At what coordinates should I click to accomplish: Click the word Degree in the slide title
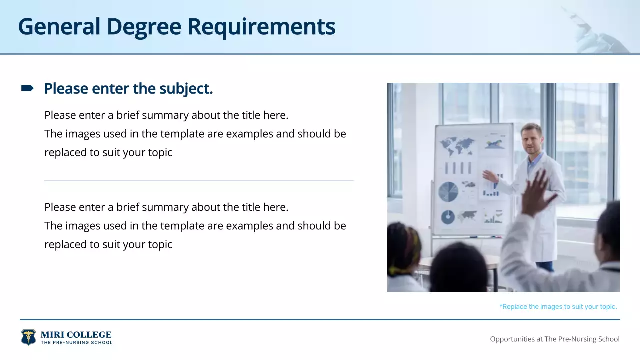click(144, 27)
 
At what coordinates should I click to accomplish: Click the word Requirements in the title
click(261, 27)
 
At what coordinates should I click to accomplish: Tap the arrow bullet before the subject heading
click(27, 89)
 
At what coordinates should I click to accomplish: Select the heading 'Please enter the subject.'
click(128, 89)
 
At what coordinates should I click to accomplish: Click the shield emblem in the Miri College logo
click(28, 337)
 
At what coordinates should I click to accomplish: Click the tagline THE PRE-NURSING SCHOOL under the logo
click(76, 343)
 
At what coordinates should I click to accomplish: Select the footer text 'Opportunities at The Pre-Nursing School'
click(554, 339)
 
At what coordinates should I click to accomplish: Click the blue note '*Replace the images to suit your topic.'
click(558, 307)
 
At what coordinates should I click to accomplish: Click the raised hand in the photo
click(536, 192)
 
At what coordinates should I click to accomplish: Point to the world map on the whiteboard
click(457, 146)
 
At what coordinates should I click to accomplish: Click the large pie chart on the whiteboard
click(448, 192)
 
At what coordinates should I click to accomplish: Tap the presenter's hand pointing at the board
click(489, 176)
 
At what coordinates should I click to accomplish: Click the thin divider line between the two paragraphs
click(199, 181)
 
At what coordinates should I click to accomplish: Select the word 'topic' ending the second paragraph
click(160, 245)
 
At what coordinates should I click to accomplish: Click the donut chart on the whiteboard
click(448, 217)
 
